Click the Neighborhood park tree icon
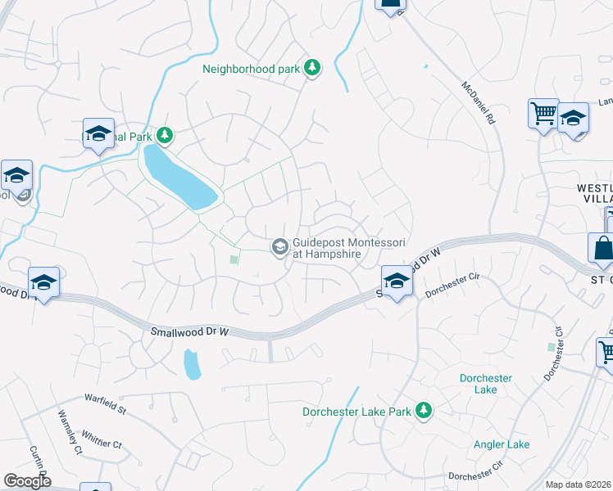311,68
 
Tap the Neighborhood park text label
252,69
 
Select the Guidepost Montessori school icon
279,245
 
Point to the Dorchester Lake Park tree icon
424,410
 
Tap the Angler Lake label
502,444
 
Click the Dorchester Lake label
485,384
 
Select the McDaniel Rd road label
479,102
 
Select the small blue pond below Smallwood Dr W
192,364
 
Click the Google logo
27,480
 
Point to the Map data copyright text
579,484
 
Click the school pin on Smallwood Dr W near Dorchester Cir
397,281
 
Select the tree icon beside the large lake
166,134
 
